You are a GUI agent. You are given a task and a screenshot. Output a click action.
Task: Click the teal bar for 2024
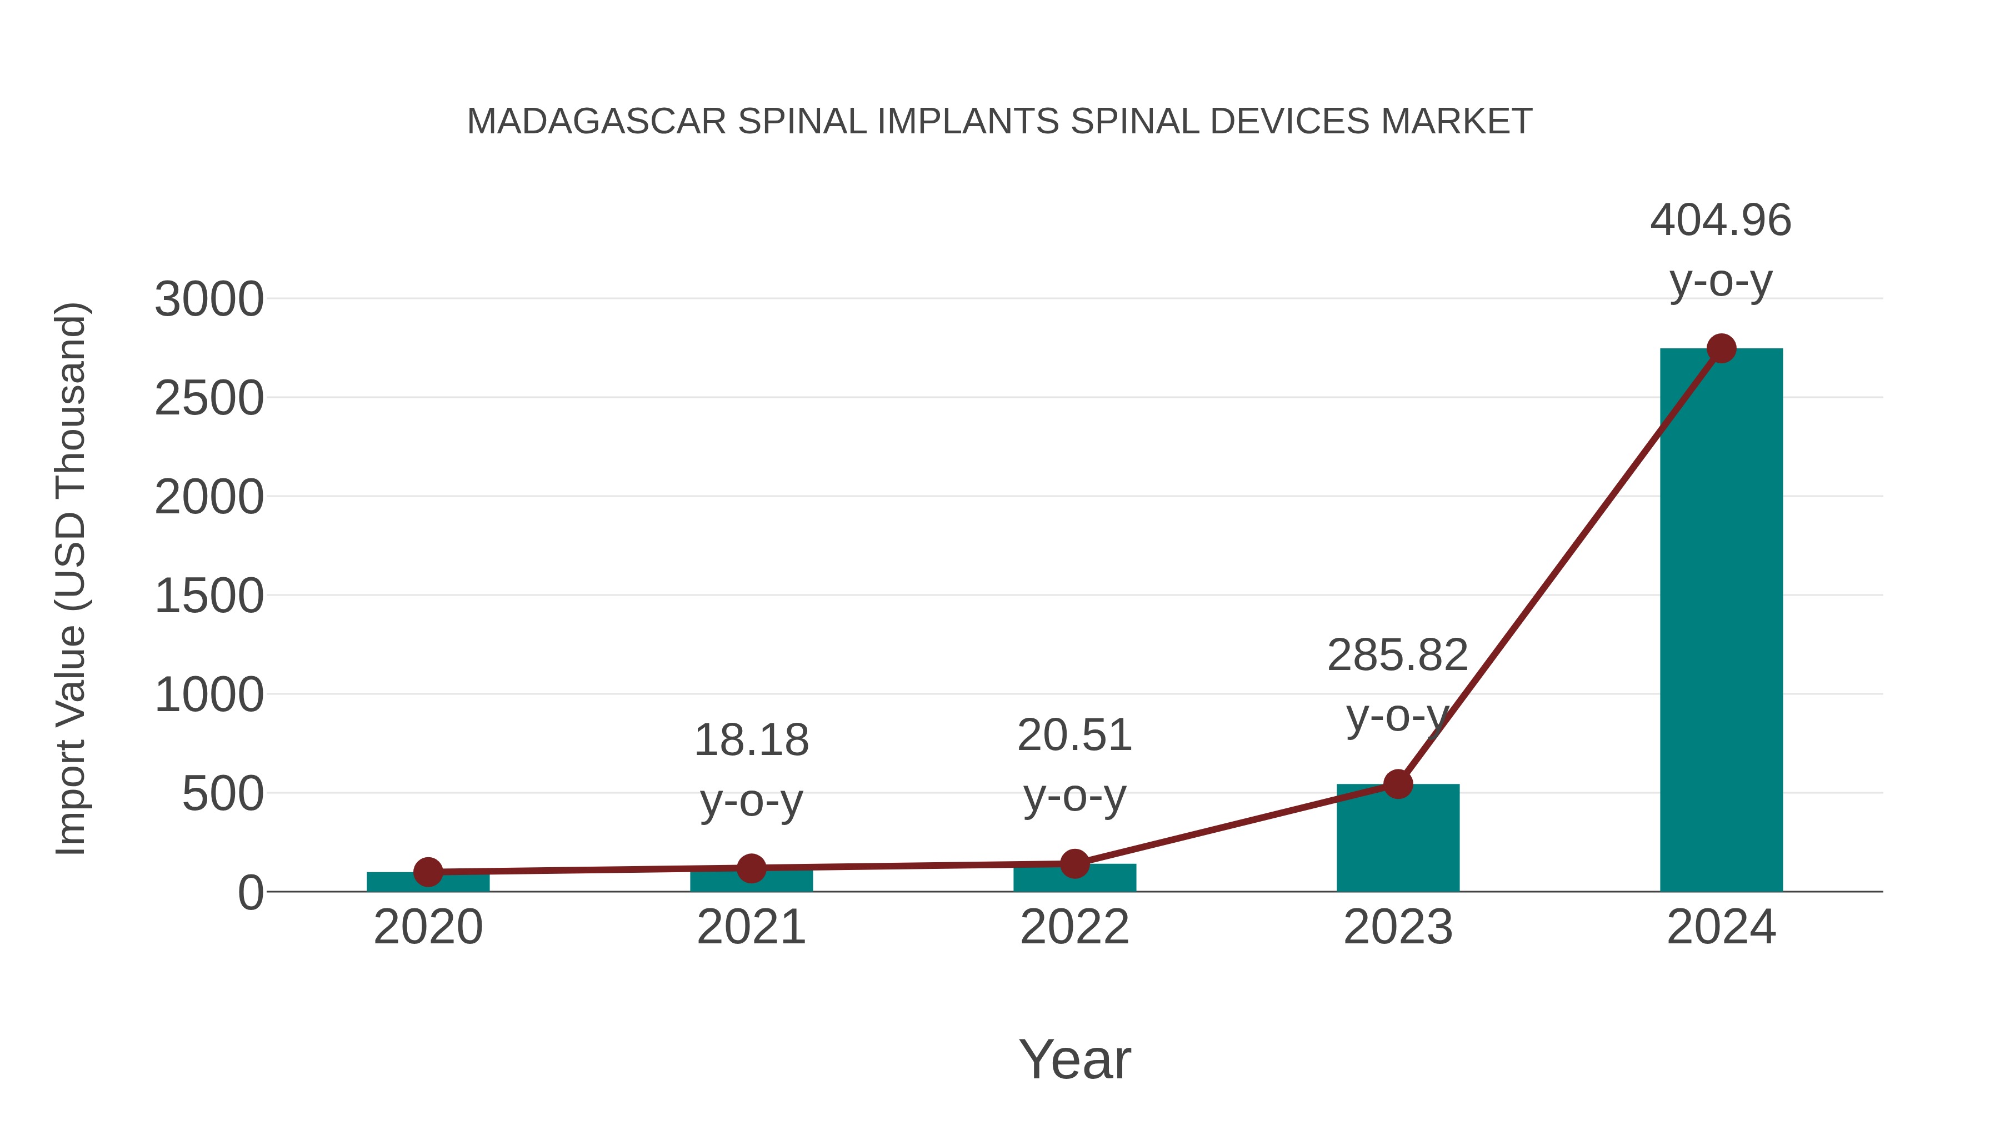1721,621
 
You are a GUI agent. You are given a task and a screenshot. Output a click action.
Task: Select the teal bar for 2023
1398,838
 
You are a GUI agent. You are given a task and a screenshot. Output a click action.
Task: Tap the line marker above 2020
428,872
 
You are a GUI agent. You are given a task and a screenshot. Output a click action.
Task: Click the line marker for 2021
751,868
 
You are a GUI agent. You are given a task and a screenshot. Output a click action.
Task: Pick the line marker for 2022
1074,863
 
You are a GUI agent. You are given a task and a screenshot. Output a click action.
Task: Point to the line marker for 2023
1398,784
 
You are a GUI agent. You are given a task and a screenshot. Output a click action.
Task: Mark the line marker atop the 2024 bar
1721,348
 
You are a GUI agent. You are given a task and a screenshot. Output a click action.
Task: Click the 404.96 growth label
1721,221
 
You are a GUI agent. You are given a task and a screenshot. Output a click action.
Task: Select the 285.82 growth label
1398,656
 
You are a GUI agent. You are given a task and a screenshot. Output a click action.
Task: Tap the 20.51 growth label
1074,736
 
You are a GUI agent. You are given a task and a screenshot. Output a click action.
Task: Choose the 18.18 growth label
751,741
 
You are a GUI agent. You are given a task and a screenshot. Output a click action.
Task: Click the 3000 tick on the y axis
209,299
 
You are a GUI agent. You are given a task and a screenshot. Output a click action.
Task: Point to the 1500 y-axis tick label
209,597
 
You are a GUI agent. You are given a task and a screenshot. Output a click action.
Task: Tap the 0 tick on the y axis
250,893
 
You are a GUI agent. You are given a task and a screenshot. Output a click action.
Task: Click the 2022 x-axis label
1074,927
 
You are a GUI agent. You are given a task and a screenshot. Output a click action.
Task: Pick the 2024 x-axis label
1721,927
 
